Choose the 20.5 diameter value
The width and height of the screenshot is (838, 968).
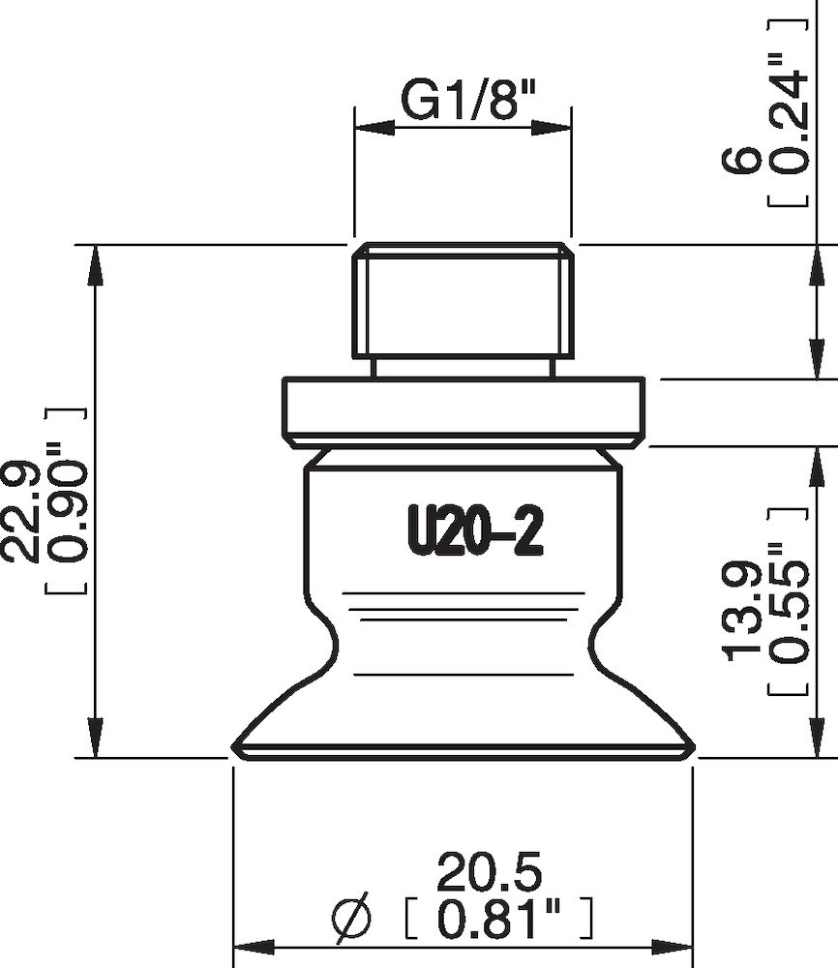[489, 872]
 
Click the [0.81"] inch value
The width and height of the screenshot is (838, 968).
[495, 918]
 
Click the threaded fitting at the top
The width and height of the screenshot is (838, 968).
[464, 300]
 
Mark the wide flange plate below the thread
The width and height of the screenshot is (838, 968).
[463, 409]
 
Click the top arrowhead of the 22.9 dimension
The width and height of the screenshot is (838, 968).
[95, 264]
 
